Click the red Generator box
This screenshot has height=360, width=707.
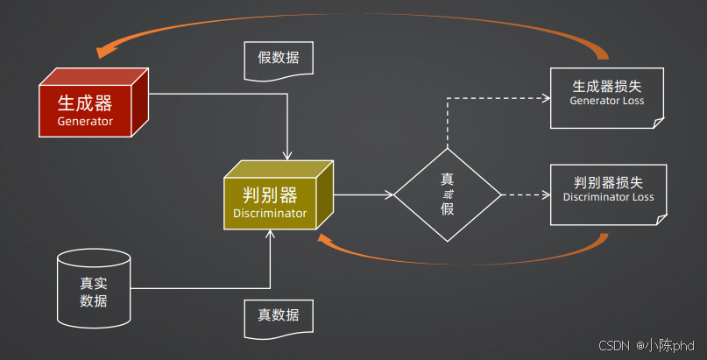pos(86,109)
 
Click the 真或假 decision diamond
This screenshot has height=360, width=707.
pos(447,194)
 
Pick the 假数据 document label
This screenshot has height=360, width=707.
pos(278,60)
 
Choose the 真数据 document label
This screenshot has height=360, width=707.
pos(278,315)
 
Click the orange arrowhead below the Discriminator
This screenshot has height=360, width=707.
pos(325,239)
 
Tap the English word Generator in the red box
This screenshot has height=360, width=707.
pos(85,121)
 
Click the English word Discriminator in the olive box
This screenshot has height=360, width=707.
pos(270,213)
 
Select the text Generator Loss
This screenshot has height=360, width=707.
pos(606,101)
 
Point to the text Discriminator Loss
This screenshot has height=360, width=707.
pos(608,197)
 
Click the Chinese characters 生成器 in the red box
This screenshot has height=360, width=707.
pos(85,102)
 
